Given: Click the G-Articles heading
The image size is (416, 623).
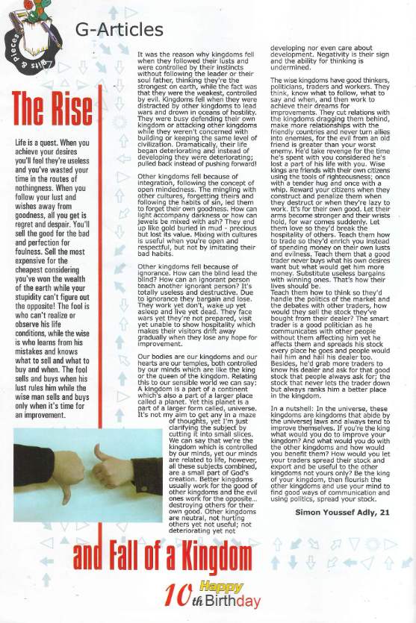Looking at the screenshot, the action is [119, 30].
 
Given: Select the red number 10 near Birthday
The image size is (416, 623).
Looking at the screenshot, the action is [178, 597].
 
